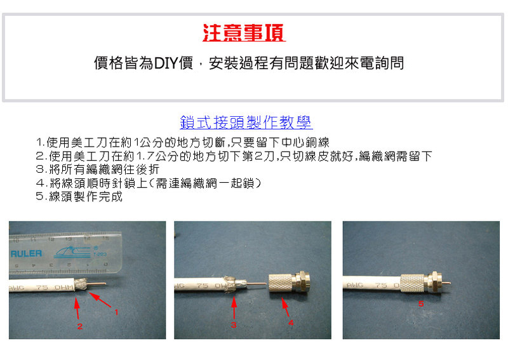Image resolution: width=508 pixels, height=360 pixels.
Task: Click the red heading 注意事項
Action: [x=244, y=33]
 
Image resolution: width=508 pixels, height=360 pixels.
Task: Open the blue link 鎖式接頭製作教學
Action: [x=246, y=123]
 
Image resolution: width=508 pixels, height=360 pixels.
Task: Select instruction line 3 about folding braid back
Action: [x=98, y=170]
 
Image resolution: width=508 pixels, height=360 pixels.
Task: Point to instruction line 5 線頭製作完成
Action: [x=79, y=196]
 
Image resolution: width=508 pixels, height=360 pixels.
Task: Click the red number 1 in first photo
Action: [x=116, y=312]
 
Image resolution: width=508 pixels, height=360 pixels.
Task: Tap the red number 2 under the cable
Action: [x=80, y=326]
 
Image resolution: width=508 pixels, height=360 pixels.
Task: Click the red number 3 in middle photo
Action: [x=234, y=324]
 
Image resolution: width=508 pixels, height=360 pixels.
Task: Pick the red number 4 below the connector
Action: [x=291, y=323]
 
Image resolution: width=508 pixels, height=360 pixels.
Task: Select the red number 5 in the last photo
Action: [x=421, y=303]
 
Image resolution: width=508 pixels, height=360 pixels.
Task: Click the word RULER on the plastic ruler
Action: [x=26, y=253]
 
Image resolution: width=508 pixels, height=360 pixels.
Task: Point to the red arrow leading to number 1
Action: [x=100, y=300]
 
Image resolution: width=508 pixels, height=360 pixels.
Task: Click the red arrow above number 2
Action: [x=77, y=308]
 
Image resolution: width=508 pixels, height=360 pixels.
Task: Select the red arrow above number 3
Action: [x=234, y=308]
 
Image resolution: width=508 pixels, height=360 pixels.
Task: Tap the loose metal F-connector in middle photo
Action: [x=289, y=282]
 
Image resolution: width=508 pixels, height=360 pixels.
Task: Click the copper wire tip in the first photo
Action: [x=105, y=283]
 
